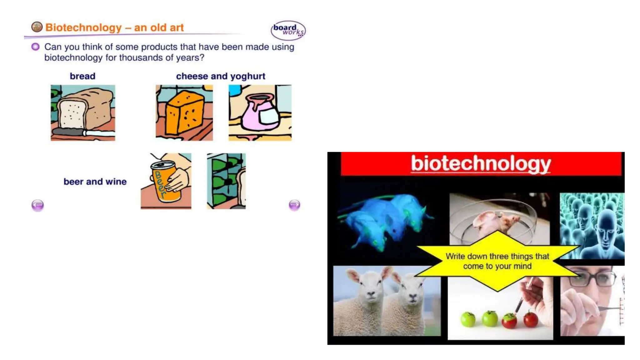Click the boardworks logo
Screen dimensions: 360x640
coord(288,30)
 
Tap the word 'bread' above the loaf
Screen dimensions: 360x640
coord(82,76)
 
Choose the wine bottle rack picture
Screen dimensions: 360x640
coord(226,181)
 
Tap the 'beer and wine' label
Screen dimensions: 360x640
coord(95,182)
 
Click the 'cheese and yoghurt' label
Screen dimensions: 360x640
coord(221,76)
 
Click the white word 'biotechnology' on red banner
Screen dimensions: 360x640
coord(481,163)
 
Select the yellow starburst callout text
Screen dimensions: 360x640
coord(497,261)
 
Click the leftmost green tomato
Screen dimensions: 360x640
coord(468,319)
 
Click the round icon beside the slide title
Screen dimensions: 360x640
coord(37,27)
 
